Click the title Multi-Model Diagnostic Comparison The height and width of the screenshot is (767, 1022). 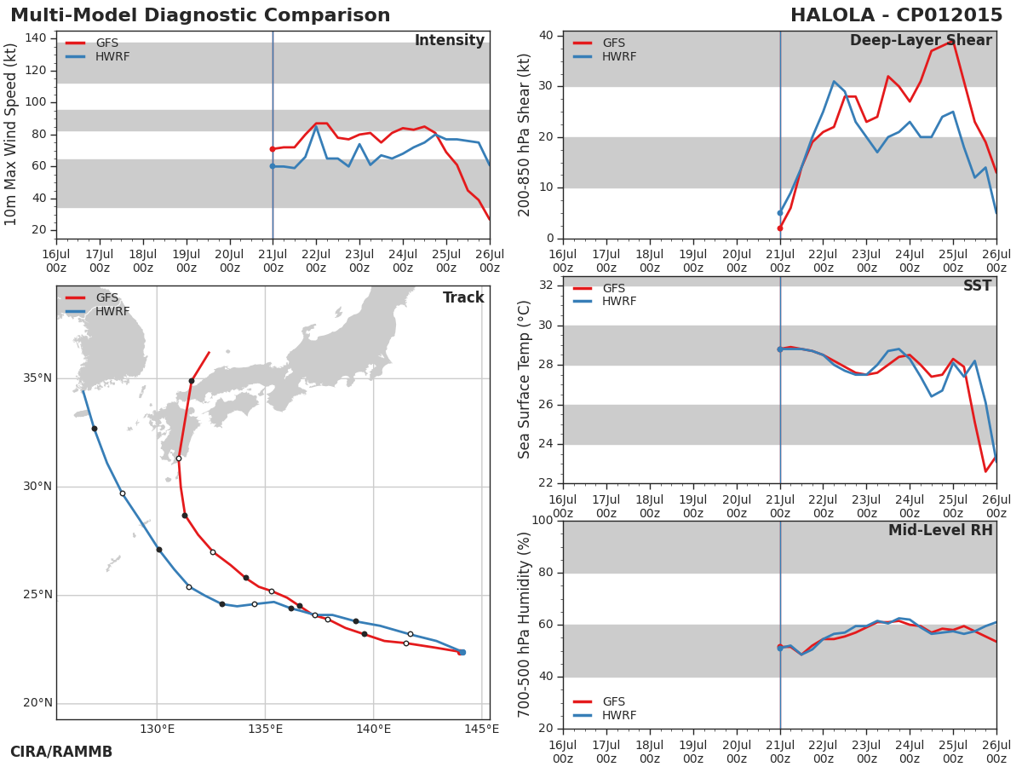coord(200,15)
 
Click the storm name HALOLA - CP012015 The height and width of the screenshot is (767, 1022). coord(896,15)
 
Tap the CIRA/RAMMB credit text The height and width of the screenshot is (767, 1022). coord(61,752)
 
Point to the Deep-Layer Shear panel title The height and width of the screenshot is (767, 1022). coord(921,41)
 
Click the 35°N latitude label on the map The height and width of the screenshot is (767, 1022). coord(37,378)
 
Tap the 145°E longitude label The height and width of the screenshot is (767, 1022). coord(481,729)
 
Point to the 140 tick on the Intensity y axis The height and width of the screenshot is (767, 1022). coord(36,38)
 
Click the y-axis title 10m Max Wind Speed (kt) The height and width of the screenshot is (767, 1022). coord(11,135)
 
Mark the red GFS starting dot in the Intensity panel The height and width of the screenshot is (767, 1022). coord(273,149)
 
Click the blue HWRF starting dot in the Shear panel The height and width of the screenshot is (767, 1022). coord(780,213)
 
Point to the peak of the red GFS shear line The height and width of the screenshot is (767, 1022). coord(953,42)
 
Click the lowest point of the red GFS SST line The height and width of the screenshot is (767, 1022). coord(985,471)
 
